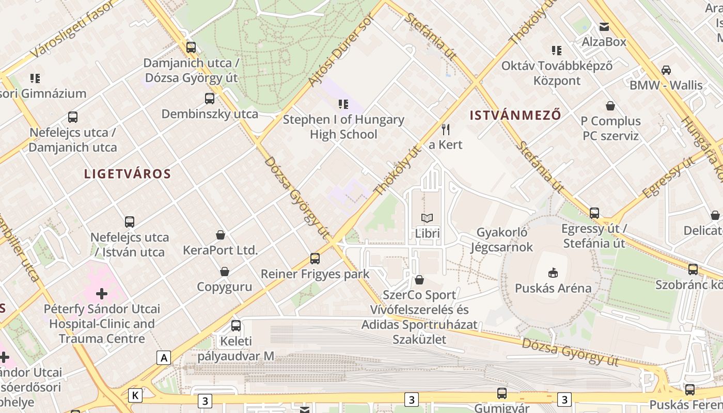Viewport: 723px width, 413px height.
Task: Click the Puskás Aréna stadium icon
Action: pos(553,272)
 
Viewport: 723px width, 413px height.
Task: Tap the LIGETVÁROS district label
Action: pos(127,173)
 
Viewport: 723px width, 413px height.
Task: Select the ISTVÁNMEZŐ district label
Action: pos(515,115)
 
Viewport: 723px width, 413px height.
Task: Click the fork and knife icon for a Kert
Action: pos(446,129)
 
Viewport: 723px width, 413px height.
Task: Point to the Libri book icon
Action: pos(427,218)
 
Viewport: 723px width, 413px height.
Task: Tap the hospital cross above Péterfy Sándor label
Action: pos(102,294)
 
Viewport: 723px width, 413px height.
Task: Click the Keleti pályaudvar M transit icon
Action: pos(236,325)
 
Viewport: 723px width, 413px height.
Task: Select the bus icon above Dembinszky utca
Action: pos(209,98)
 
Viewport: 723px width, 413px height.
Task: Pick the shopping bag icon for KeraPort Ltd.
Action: pos(221,235)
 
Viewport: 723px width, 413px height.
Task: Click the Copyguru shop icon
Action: pos(225,272)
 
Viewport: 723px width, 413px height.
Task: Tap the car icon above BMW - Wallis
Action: pos(666,70)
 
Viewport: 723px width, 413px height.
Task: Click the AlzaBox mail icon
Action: pos(604,27)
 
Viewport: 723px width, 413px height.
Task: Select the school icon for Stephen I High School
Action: pos(343,104)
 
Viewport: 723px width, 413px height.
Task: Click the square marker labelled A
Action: pos(164,357)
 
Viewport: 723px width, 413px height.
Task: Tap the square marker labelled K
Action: pos(135,395)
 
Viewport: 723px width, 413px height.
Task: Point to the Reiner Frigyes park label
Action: pos(315,274)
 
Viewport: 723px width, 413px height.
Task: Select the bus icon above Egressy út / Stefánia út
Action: pos(594,213)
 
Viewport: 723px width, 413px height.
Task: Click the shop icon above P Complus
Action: pos(610,106)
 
